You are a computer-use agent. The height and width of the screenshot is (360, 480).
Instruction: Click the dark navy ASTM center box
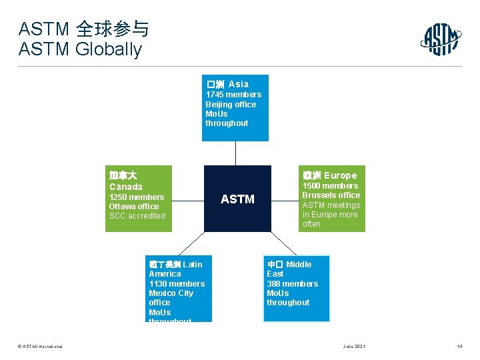coord(237,199)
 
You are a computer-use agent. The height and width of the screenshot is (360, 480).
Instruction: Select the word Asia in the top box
coord(238,84)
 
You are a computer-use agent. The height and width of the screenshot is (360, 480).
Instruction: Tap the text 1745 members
coord(233,95)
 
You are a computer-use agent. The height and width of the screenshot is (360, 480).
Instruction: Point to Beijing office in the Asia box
coord(231,104)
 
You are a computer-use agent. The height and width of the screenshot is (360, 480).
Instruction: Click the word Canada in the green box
coord(126,187)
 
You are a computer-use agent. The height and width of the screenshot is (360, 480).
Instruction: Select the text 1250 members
coord(137,197)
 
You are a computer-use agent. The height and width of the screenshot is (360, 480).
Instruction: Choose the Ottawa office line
coord(134,207)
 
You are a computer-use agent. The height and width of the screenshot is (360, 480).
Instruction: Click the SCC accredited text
coord(137,216)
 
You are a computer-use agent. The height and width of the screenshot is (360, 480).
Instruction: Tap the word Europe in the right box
coord(340,175)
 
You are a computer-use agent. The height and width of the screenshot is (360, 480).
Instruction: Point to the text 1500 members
coord(330,186)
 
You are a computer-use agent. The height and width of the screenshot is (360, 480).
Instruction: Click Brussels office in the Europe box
coord(331,195)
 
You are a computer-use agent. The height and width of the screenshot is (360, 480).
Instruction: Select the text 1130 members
coord(177,284)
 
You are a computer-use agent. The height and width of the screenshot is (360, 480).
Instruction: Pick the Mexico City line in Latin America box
coord(171,293)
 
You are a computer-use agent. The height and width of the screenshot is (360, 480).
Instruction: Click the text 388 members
coord(292,284)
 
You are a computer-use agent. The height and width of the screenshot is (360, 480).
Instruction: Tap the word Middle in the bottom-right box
coord(299,265)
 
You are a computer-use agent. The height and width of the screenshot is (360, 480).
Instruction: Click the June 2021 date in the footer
coord(354,347)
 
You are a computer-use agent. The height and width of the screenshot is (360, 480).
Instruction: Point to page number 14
coord(459,347)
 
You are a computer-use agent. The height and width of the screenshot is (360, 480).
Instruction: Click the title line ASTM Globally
coord(80,49)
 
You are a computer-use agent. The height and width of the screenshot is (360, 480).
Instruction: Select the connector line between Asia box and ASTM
coord(235,153)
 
